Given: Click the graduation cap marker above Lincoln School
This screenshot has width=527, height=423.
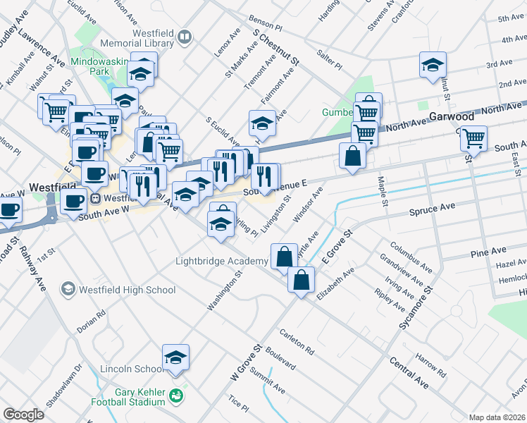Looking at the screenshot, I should tap(175, 357).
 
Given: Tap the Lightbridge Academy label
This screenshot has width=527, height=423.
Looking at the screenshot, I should tap(221, 262).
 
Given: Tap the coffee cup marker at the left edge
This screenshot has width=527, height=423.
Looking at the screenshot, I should tap(10, 209).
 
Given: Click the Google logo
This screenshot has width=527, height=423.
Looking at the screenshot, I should tap(23, 415).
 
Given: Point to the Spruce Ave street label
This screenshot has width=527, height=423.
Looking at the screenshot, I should tap(433, 209).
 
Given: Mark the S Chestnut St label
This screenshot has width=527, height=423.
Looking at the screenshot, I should tap(275, 47).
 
